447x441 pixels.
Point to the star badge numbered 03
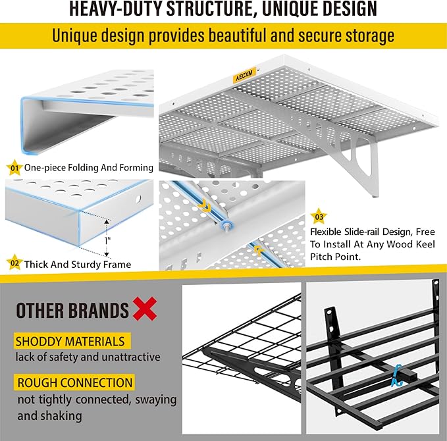coord(319,216)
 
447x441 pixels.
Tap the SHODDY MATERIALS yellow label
coord(70,342)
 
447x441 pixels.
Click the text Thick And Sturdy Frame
coord(78,265)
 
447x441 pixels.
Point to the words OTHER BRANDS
coord(72,310)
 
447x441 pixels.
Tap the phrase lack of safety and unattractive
coord(88,357)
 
